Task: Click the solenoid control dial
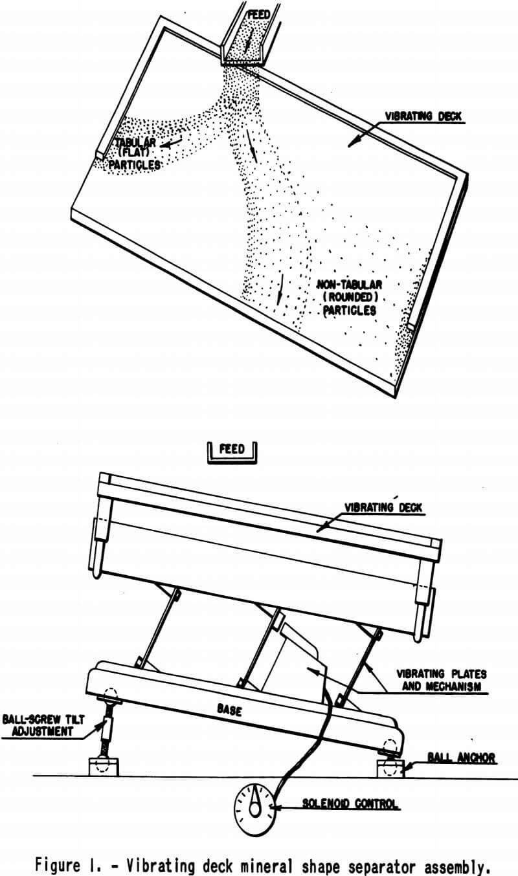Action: point(255,806)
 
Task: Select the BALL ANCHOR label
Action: point(462,758)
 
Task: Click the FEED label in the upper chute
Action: point(259,15)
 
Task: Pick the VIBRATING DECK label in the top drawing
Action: point(423,116)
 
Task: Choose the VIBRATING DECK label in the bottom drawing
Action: point(383,507)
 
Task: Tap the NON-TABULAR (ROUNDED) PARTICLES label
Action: point(350,297)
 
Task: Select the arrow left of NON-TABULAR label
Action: point(280,289)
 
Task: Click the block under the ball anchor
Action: point(390,769)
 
